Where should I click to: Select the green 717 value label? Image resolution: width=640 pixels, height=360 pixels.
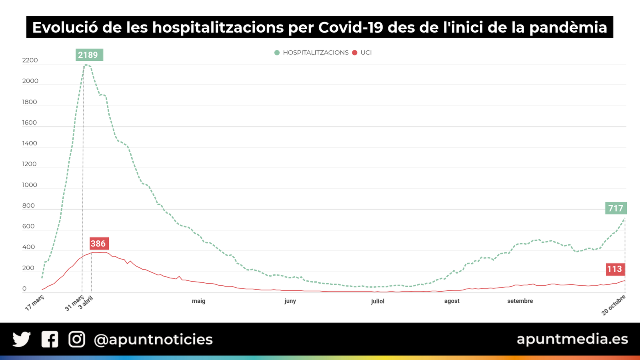pos(616,208)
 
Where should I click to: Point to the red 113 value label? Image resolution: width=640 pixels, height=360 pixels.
pos(615,269)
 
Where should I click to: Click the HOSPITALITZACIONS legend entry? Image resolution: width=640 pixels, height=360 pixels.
pos(311,53)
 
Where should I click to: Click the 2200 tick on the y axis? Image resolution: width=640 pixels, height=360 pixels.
pos(30,60)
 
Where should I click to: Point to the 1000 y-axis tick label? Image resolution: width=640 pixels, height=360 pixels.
pos(30,185)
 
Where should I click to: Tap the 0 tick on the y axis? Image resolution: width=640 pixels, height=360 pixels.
pos(24,288)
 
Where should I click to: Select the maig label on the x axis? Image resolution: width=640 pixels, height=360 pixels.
pos(198,301)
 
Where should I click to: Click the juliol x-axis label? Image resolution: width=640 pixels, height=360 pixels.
pos(377,301)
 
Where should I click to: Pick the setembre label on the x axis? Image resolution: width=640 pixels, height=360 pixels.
pos(520,301)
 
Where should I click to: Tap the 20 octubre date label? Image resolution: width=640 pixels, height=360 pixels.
pos(614,305)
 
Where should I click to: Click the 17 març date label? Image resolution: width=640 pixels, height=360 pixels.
pos(35,302)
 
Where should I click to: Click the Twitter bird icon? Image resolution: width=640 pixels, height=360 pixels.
pos(22,339)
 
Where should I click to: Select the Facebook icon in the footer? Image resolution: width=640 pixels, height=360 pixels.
pos(50,339)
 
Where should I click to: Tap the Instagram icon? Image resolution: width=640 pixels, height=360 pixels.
pos(77,339)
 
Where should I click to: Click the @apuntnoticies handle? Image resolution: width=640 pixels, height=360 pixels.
pos(153,340)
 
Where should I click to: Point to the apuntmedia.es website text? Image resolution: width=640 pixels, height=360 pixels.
pos(572,339)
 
